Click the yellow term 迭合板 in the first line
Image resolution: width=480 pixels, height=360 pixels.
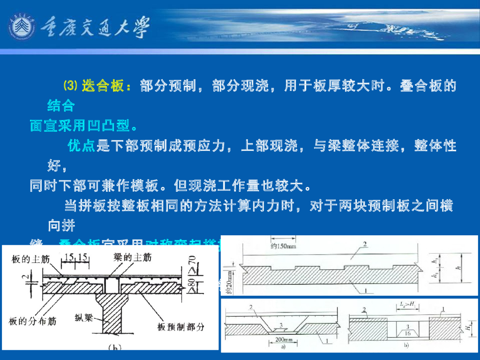pyautogui.click(x=103, y=86)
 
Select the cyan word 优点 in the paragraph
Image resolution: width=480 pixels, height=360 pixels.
pyautogui.click(x=82, y=146)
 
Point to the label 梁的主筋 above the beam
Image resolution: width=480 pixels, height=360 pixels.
pyautogui.click(x=133, y=257)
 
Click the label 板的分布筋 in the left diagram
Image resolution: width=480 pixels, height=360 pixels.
pyautogui.click(x=33, y=322)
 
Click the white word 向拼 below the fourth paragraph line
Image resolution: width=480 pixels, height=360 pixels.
pyautogui.click(x=61, y=226)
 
